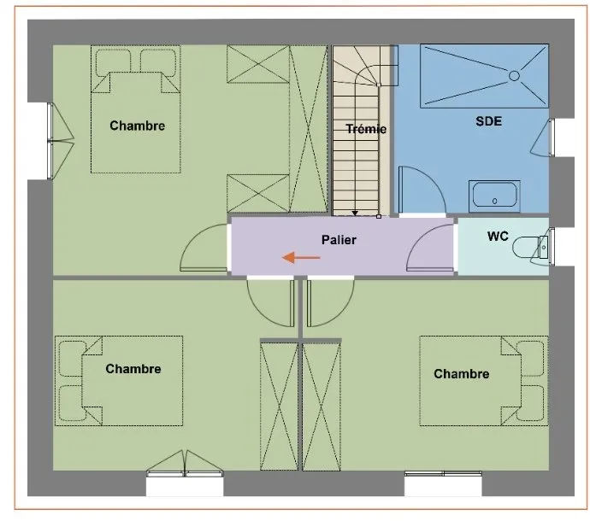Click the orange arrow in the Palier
301,258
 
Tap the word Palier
339,240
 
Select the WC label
498,236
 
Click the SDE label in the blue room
488,121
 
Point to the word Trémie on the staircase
366,129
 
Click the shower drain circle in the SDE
514,76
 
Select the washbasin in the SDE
494,195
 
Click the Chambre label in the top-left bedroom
138,126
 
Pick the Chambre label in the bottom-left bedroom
133,369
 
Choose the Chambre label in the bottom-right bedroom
462,373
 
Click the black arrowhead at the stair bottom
355,214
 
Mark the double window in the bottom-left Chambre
185,464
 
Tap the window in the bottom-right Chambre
443,473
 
